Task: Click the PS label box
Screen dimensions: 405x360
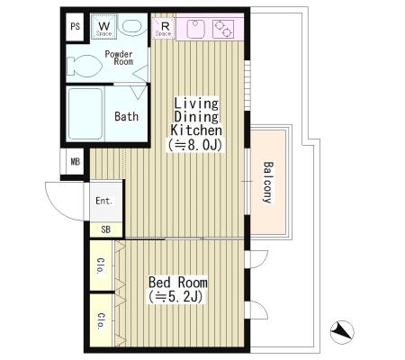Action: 75,27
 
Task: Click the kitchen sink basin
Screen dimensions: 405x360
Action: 195,29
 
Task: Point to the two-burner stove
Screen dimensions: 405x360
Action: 223,29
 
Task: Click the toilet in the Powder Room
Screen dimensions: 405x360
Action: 84,65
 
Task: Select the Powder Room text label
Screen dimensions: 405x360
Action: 119,58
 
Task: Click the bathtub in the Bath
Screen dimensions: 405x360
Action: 85,113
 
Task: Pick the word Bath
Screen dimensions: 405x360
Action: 126,116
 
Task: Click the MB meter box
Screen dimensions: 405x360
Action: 75,162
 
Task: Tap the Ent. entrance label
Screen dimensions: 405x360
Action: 103,201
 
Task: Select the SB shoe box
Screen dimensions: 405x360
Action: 105,229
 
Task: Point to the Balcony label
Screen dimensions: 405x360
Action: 268,183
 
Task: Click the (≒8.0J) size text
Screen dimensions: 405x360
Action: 195,145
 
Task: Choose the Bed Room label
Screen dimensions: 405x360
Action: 178,283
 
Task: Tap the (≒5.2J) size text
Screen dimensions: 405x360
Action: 175,297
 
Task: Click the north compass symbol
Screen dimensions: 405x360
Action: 342,332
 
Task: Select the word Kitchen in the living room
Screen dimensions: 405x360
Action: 196,130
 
